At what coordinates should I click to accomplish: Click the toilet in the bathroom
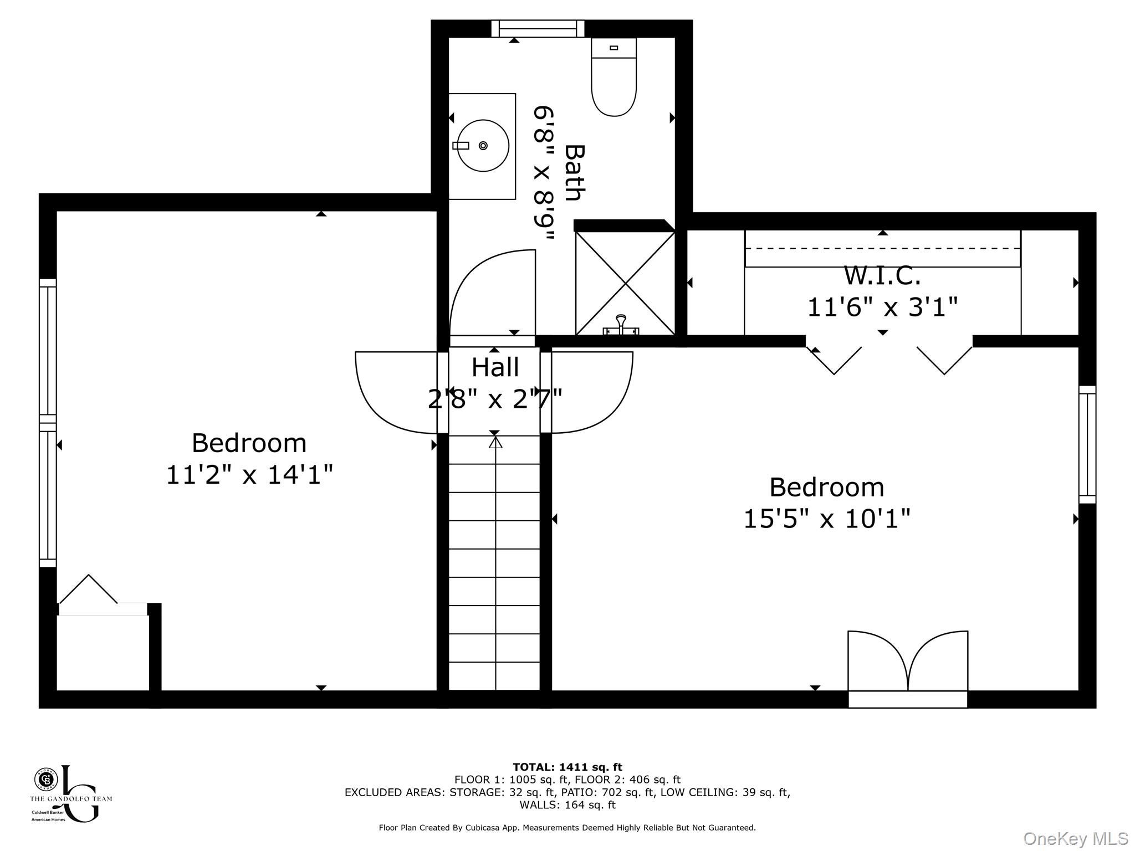click(x=613, y=78)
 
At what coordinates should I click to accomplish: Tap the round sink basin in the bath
click(x=483, y=146)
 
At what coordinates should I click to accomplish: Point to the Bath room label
click(x=575, y=173)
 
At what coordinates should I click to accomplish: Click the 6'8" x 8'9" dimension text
click(x=543, y=173)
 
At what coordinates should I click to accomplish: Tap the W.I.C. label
click(x=882, y=275)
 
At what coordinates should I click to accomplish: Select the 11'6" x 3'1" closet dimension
click(x=882, y=306)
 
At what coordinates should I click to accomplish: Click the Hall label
click(x=495, y=367)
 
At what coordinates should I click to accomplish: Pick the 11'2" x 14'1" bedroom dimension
click(x=249, y=475)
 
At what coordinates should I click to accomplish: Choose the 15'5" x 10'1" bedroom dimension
click(x=826, y=519)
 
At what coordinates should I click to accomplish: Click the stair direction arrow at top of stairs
click(x=495, y=443)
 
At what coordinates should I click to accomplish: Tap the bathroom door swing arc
click(x=488, y=288)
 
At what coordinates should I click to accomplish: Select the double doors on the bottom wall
click(x=908, y=665)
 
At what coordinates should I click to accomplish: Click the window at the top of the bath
click(x=538, y=29)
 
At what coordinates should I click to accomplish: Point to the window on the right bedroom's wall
click(x=1087, y=444)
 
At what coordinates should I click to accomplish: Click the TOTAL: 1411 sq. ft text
click(x=567, y=767)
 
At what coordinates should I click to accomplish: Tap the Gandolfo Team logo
click(x=70, y=793)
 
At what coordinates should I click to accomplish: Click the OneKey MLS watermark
click(x=1075, y=838)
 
